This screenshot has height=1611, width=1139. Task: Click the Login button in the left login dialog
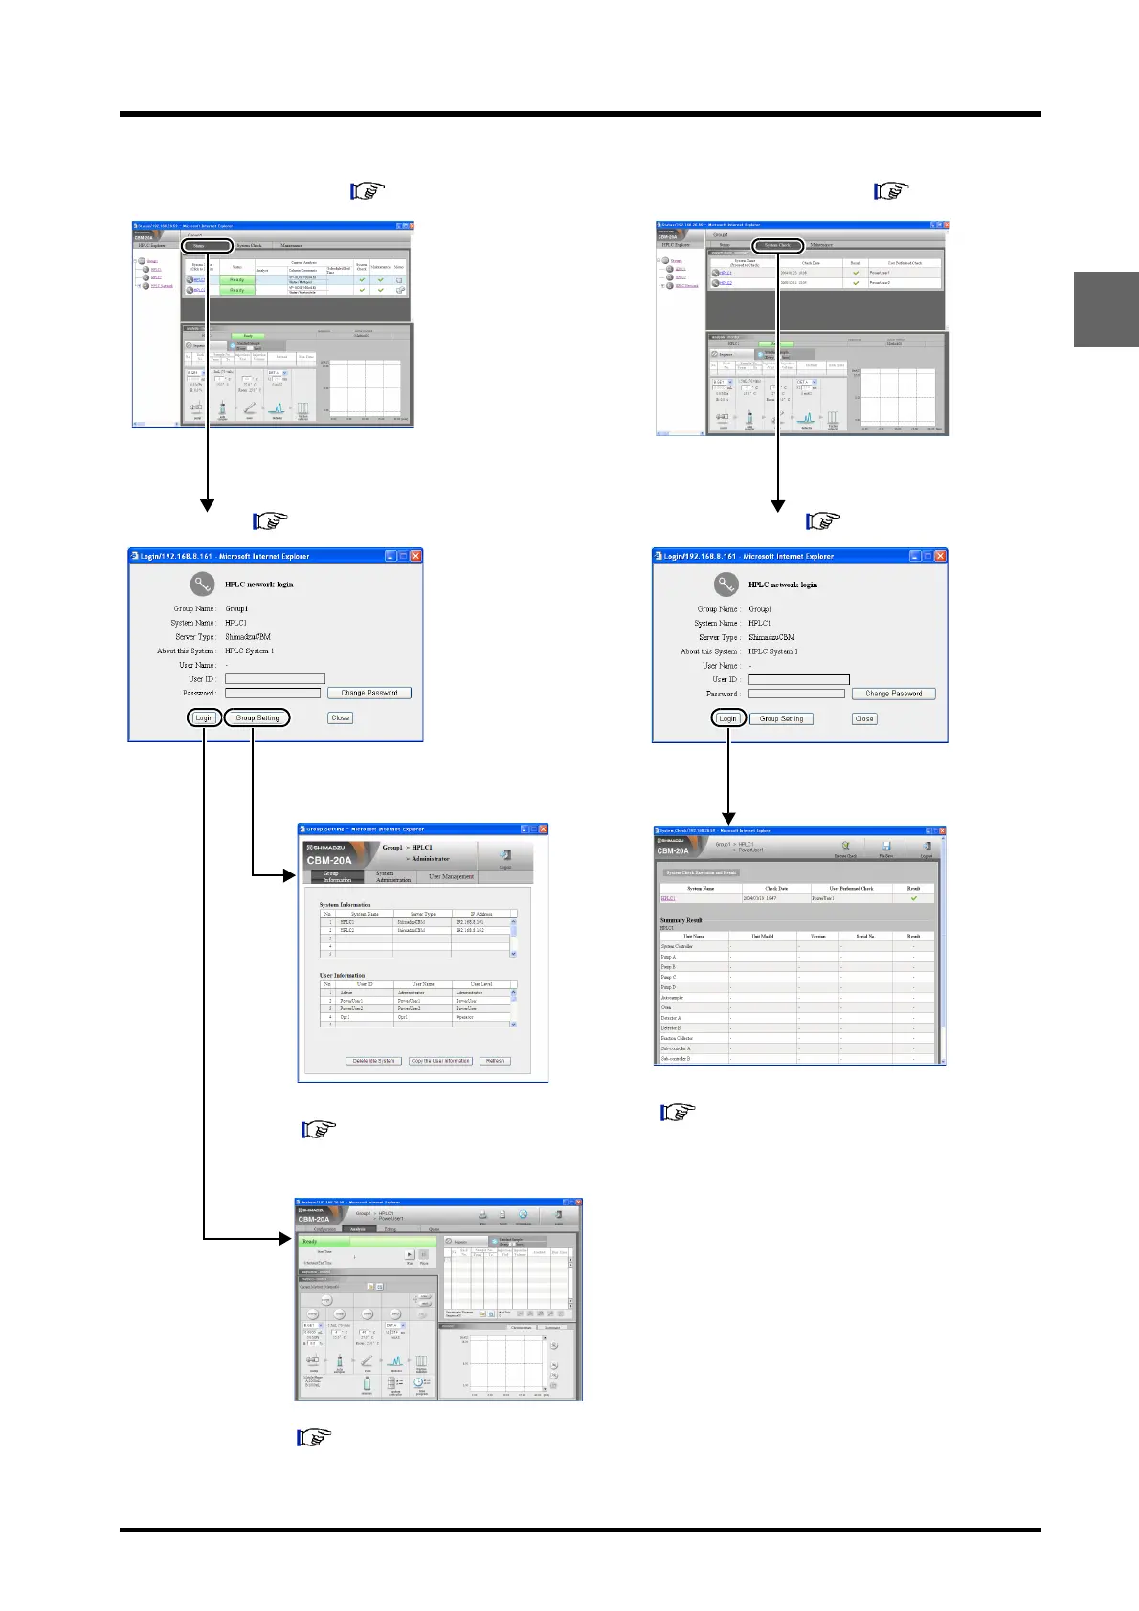pyautogui.click(x=204, y=717)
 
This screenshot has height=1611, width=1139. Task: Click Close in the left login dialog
pyautogui.click(x=340, y=717)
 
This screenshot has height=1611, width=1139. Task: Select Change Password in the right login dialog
pyautogui.click(x=893, y=694)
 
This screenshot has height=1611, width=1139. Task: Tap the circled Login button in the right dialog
pyautogui.click(x=727, y=718)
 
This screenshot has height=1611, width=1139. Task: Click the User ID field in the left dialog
pyautogui.click(x=275, y=679)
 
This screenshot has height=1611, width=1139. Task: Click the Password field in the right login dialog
pyautogui.click(x=797, y=694)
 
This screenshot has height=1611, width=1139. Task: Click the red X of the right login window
pyautogui.click(x=940, y=556)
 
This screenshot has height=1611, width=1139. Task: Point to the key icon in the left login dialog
pyautogui.click(x=202, y=584)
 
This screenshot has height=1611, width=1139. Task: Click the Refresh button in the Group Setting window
pyautogui.click(x=495, y=1061)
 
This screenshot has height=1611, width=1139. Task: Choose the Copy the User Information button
pyautogui.click(x=440, y=1061)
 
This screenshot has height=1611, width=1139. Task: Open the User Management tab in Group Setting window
pyautogui.click(x=451, y=876)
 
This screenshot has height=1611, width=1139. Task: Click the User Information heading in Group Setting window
pyautogui.click(x=342, y=975)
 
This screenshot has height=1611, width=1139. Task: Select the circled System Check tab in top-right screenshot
pyautogui.click(x=777, y=245)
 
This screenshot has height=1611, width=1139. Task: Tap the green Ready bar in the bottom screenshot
pyautogui.click(x=366, y=1241)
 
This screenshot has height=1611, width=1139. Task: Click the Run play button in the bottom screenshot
pyautogui.click(x=410, y=1254)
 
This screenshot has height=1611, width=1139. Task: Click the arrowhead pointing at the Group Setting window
pyautogui.click(x=291, y=874)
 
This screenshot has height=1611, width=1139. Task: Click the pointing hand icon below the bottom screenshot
pyautogui.click(x=314, y=1437)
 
